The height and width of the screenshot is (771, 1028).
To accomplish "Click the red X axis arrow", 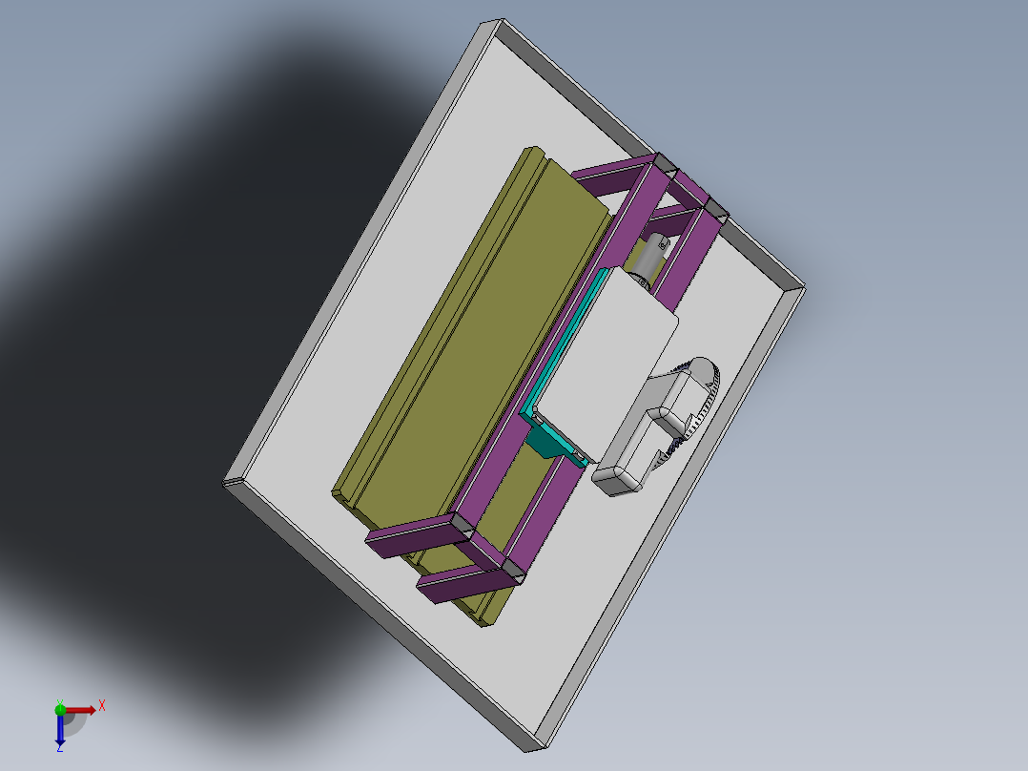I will [80, 710].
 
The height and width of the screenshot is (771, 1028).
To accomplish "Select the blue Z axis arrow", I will [60, 730].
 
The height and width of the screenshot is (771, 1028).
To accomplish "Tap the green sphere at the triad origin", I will [60, 709].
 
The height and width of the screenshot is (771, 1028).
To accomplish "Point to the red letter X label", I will [101, 705].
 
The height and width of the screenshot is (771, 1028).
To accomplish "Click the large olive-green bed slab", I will [458, 334].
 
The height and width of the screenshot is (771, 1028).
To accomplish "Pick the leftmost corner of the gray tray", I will [225, 483].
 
